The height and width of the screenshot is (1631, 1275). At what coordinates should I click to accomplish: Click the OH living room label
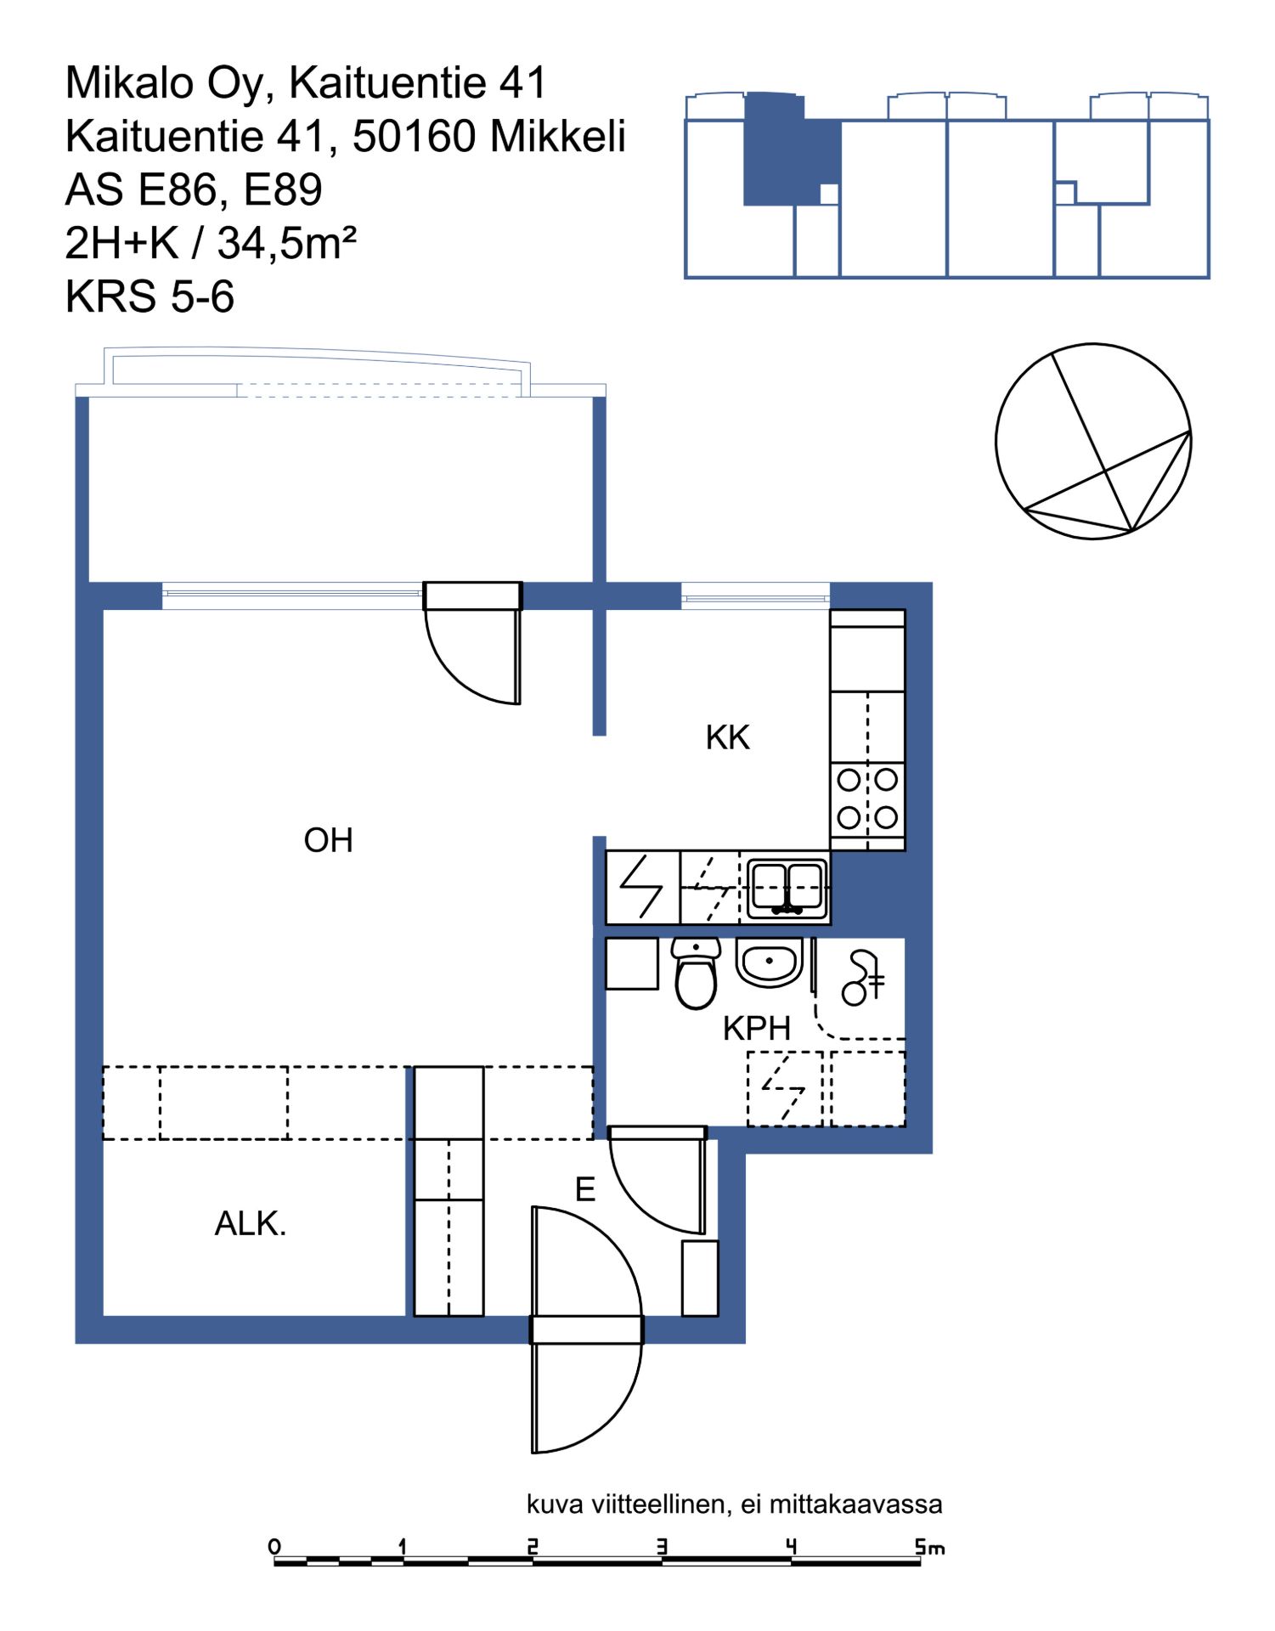328,840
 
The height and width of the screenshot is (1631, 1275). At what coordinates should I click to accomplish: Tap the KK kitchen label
728,737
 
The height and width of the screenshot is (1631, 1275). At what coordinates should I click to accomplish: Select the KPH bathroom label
757,1028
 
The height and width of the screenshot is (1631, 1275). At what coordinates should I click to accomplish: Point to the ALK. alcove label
251,1223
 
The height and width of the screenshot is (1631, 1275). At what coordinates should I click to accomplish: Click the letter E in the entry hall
585,1189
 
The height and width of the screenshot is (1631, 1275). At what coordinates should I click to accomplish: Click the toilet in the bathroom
697,973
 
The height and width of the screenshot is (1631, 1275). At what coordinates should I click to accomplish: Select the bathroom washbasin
770,962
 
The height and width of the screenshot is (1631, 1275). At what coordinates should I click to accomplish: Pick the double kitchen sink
787,888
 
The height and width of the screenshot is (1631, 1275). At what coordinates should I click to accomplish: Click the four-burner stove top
867,799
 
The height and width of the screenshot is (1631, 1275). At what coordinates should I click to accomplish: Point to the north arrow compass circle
1093,442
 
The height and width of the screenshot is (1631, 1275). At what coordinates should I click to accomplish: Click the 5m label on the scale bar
930,1547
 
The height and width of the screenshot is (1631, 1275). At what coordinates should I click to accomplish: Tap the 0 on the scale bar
274,1546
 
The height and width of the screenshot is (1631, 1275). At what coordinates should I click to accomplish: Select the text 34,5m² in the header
287,243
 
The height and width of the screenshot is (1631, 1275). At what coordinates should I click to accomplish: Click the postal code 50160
414,136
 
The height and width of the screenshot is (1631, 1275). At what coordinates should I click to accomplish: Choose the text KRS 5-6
150,296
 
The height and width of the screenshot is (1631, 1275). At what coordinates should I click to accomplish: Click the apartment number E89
283,189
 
